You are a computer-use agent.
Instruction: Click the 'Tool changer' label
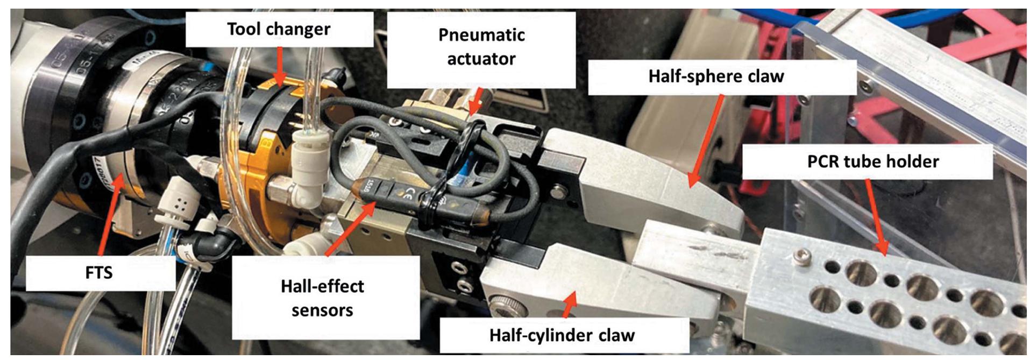point(279,29)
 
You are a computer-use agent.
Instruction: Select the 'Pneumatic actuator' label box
point(481,47)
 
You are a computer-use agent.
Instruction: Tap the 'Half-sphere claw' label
point(716,76)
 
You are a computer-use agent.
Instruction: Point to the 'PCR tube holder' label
point(872,161)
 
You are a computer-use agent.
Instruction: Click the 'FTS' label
point(99,272)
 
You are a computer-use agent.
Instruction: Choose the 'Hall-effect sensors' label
point(322,298)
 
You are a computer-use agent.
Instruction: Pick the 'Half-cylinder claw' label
point(562,335)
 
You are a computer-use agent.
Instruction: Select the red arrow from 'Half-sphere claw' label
point(705,140)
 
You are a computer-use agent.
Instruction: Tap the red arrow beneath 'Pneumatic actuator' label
point(474,102)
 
